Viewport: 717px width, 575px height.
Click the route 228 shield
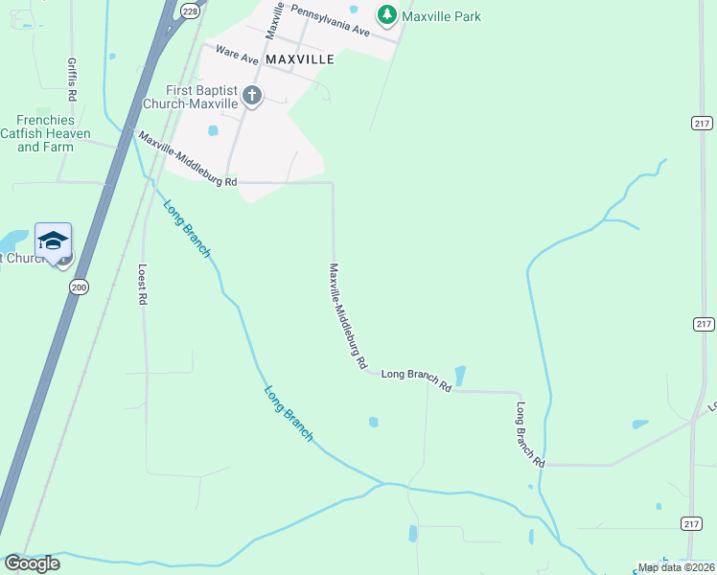[190, 10]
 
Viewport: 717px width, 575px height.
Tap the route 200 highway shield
[79, 287]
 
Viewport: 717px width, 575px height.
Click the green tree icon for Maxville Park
[386, 14]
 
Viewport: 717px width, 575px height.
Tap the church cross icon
[252, 95]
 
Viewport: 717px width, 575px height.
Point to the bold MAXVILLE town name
[299, 59]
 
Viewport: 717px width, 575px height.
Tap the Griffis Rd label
[72, 76]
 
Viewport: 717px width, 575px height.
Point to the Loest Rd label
[142, 285]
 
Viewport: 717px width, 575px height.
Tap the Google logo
[32, 563]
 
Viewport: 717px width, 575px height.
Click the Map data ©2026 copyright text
[675, 567]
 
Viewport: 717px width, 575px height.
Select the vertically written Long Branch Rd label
[530, 433]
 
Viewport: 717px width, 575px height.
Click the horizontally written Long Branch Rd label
[416, 380]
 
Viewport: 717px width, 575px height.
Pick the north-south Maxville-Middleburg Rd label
[348, 316]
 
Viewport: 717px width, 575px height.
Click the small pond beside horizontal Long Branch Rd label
[460, 376]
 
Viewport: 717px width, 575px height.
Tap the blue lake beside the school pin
[14, 241]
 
